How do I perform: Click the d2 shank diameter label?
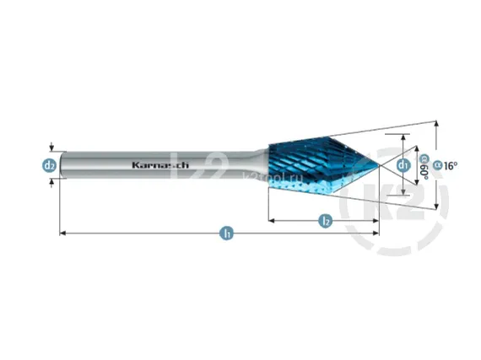tap(50, 165)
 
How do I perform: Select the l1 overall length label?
tap(226, 234)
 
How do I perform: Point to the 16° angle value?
tap(450, 165)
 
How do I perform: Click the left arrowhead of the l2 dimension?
tap(271, 220)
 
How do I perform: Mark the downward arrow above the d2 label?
tap(51, 148)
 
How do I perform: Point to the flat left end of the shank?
tap(61, 165)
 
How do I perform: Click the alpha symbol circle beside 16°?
tap(437, 165)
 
